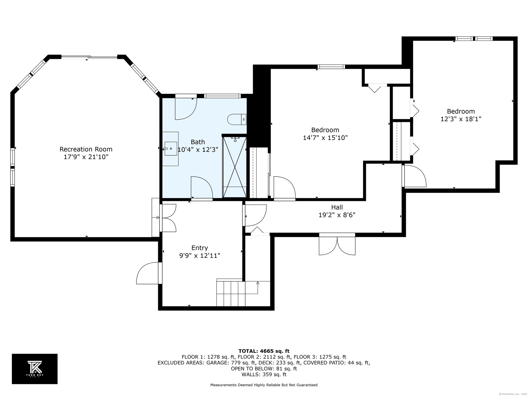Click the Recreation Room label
point(86,149)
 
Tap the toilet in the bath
point(237,119)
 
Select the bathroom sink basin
point(171,149)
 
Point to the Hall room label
point(337,207)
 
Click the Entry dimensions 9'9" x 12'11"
point(200,256)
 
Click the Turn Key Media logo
point(35,369)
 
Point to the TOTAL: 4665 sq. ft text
point(264,351)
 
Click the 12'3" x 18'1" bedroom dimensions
point(461,119)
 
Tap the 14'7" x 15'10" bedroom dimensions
point(325,138)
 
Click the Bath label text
point(198,142)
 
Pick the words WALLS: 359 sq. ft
point(264,375)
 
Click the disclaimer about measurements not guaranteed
point(264,385)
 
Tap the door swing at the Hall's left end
point(255,215)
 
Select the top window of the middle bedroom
point(331,67)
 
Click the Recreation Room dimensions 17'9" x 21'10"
point(86,157)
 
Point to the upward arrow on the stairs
point(258,288)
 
